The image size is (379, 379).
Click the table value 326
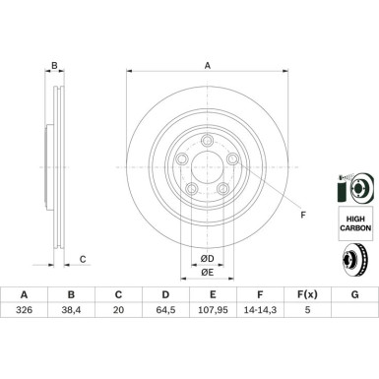coord(24,310)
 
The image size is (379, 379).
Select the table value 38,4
coord(71,310)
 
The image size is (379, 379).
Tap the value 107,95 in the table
coord(213,310)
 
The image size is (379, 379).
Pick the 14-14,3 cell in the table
coord(260,310)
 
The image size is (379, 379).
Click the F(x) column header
coord(307,294)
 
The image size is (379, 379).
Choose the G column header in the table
coord(354,294)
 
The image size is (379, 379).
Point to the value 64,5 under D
coord(165,310)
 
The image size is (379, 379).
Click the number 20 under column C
coord(118,310)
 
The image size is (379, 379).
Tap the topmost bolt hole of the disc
coord(207,141)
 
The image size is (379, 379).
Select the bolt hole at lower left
coord(191,189)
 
